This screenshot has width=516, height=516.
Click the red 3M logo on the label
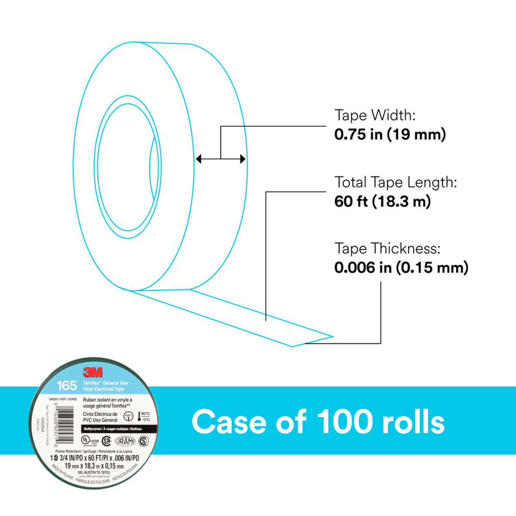coord(92,372)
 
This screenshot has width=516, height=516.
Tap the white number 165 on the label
coord(67,385)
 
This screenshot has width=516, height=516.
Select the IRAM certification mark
coord(125,441)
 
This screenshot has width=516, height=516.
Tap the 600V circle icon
coord(128,416)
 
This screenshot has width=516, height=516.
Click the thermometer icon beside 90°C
coord(139,417)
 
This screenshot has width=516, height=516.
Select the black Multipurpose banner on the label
coord(118,429)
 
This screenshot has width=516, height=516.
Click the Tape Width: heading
coord(375,115)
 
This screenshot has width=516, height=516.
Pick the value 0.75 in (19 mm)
coord(390,135)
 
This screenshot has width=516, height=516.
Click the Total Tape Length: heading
coord(396,182)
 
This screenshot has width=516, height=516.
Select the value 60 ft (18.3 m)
coord(382,202)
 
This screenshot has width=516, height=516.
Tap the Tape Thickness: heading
coord(387,249)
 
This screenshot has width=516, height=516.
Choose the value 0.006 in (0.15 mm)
coord(401,268)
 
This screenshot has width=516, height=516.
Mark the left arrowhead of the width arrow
coord(198,159)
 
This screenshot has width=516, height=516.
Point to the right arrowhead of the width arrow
coord(243,159)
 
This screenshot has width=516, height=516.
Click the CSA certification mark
coord(106,441)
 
